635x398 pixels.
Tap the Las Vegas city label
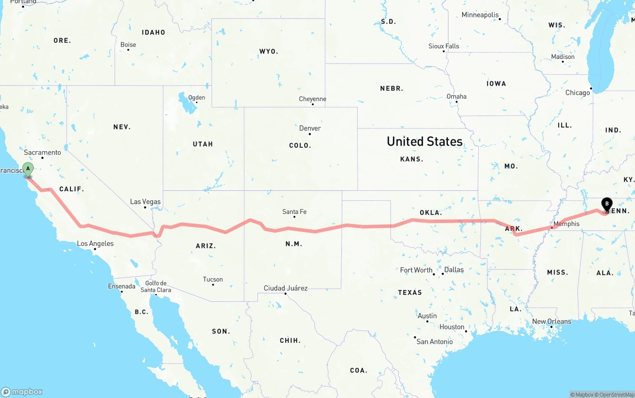(145, 202)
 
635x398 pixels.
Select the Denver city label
(310, 128)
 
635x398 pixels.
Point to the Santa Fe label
(294, 212)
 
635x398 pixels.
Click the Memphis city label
(566, 224)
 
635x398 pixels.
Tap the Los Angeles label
(95, 243)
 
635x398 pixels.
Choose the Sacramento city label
(42, 153)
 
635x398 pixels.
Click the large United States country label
(425, 141)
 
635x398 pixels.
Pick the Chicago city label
(577, 92)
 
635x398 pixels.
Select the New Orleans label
(551, 321)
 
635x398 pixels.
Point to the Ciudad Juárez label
(285, 288)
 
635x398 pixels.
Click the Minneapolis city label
(480, 15)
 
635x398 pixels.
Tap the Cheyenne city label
(313, 99)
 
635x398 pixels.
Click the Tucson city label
(213, 280)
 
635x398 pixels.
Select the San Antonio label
(435, 341)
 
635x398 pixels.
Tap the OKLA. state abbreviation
(431, 213)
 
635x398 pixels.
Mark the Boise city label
(128, 45)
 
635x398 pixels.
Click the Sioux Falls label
(444, 46)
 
